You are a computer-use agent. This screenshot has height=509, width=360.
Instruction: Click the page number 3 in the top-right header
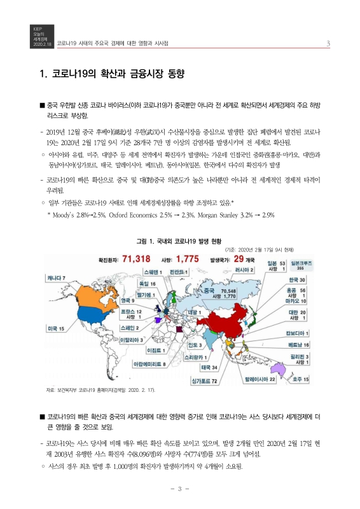point(328,43)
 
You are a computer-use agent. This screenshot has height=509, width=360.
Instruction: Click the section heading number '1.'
point(45,74)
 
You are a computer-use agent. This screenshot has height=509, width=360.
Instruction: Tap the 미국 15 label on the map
point(56,328)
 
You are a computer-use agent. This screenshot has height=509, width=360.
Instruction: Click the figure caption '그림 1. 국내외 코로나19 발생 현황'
point(179,241)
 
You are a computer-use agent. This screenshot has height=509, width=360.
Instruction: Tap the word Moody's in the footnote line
point(62,214)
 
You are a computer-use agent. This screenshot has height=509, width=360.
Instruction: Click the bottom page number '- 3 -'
point(180,489)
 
